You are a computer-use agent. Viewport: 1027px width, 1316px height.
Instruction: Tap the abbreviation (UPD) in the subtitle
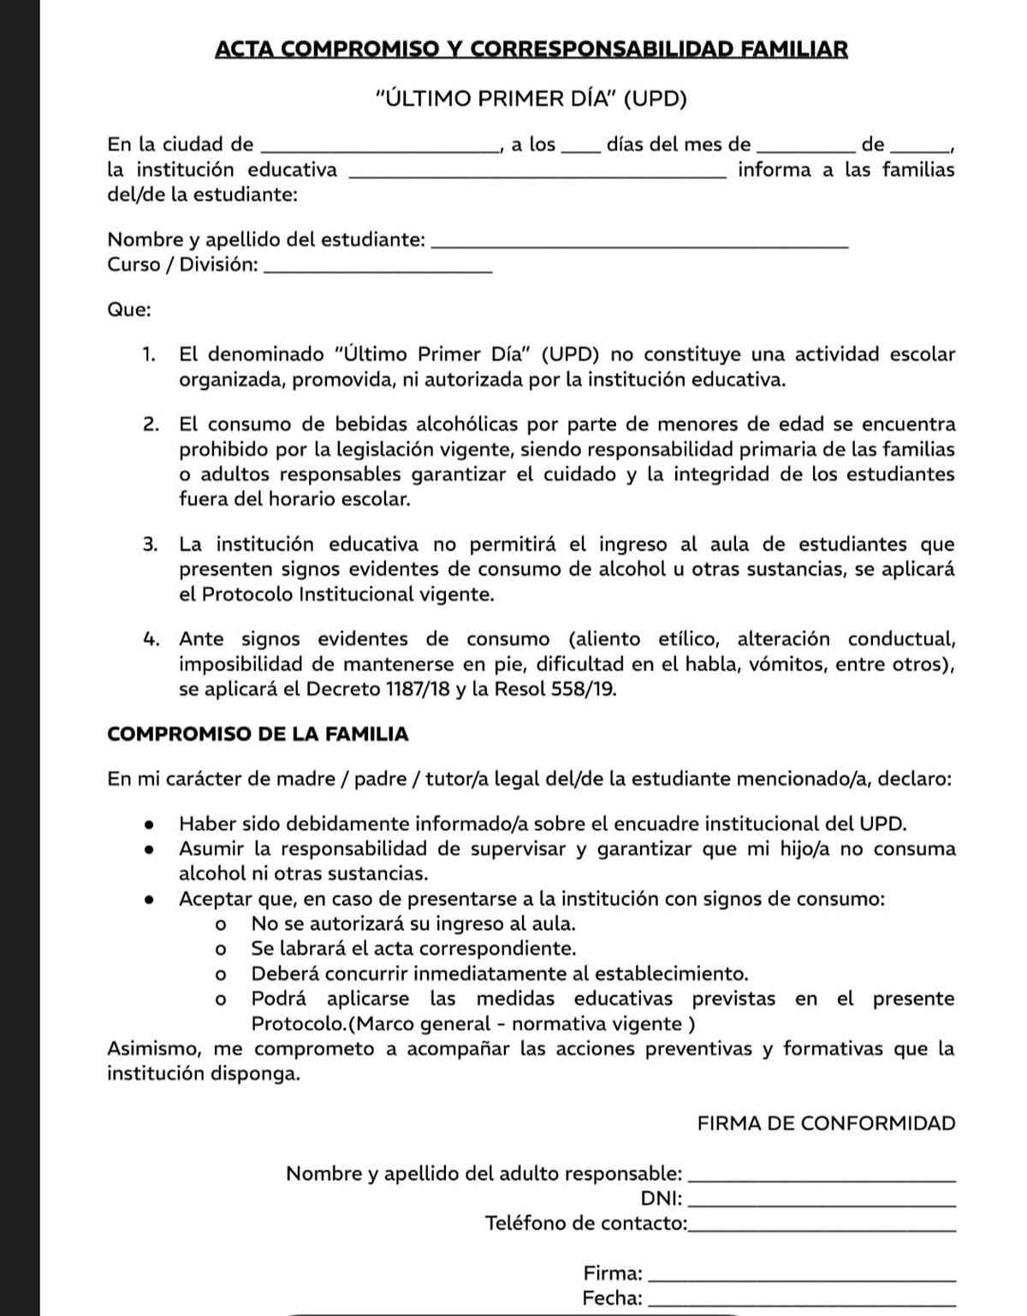click(x=655, y=99)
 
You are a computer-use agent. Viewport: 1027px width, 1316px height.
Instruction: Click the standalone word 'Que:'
click(x=129, y=310)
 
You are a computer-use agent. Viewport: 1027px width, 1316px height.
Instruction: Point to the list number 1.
click(x=149, y=354)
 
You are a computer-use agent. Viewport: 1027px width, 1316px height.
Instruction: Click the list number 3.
click(x=150, y=544)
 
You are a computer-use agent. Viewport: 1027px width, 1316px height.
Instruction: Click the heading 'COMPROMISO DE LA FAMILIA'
click(x=258, y=734)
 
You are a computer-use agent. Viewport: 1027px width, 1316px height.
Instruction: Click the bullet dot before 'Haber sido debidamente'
click(x=150, y=825)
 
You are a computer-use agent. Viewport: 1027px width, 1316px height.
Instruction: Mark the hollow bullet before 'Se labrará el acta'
click(x=221, y=949)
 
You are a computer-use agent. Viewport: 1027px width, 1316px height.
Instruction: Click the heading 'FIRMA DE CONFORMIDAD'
click(x=826, y=1123)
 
